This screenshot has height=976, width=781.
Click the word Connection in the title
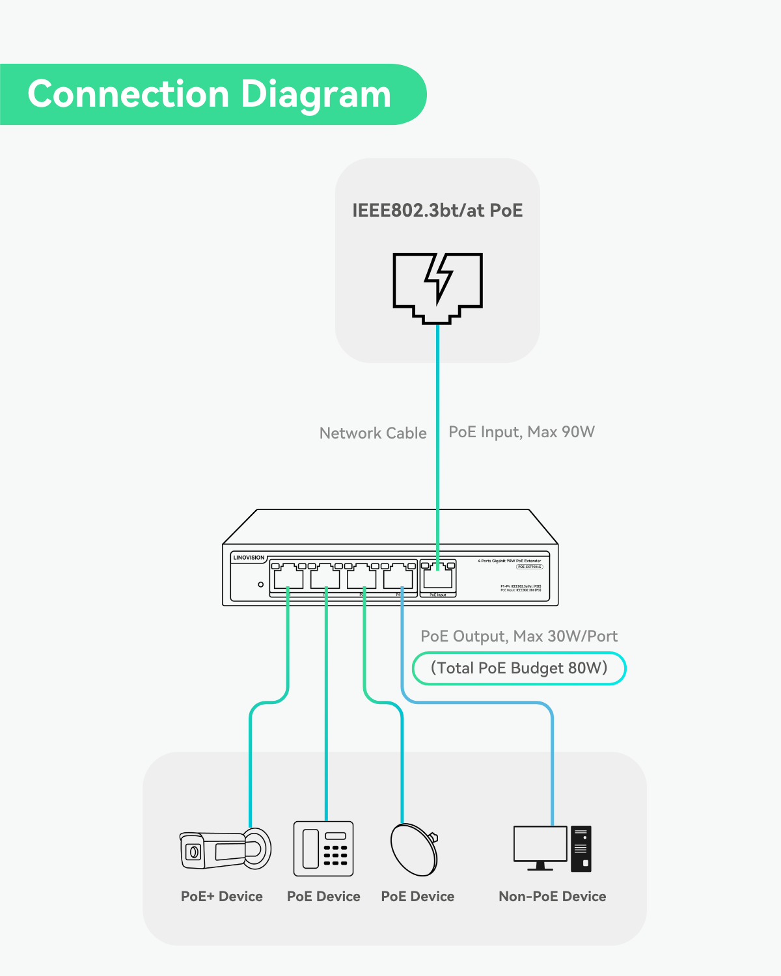point(129,94)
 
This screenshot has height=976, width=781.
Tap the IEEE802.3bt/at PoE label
point(437,210)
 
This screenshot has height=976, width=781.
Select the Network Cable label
point(373,433)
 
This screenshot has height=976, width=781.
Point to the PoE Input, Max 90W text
point(521,432)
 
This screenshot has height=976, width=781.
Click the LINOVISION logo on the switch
point(249,558)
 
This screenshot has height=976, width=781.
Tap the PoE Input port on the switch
point(438,577)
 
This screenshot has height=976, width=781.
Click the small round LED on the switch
point(260,584)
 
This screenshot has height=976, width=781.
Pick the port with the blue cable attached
point(398,576)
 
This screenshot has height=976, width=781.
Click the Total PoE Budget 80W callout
point(519,668)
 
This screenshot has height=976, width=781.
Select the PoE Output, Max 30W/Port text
point(519,636)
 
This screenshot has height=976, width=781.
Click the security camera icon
point(225,849)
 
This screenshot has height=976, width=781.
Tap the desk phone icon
point(323,848)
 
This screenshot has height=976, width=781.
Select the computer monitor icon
point(540,847)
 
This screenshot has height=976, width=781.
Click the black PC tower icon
point(581,849)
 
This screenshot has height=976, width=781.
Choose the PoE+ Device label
point(222,897)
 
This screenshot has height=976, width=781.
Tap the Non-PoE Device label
point(552,897)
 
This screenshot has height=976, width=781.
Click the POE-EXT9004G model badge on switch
point(529,567)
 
